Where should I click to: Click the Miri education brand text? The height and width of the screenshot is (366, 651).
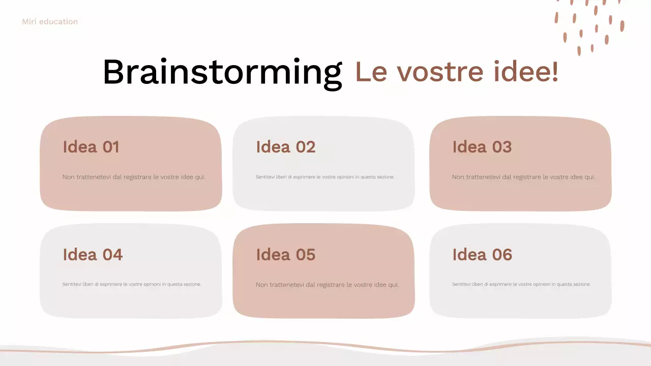pos(50,22)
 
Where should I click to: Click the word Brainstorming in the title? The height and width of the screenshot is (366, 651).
pos(222,72)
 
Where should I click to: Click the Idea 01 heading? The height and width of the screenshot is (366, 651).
pos(91,147)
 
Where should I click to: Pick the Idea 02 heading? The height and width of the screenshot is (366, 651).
pos(285,147)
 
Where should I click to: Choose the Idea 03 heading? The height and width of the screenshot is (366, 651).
pos(482,147)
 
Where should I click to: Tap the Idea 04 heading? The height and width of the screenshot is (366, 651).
pos(93,255)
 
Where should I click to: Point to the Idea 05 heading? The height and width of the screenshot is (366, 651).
pos(285,255)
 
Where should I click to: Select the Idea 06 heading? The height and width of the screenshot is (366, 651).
pos(482,255)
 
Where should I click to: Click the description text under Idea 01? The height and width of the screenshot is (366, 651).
pos(134,177)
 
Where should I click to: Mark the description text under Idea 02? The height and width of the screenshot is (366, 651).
pos(325,177)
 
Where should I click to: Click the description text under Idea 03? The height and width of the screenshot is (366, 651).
pos(523,177)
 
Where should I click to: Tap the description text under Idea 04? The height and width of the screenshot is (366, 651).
pos(132,284)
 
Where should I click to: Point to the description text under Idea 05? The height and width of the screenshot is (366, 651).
pos(327,285)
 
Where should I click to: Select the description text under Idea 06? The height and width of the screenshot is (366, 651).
pos(521,284)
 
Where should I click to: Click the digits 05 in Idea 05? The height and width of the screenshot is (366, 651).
pos(305,255)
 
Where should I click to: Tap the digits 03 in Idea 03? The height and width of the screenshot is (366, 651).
pos(501,147)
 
